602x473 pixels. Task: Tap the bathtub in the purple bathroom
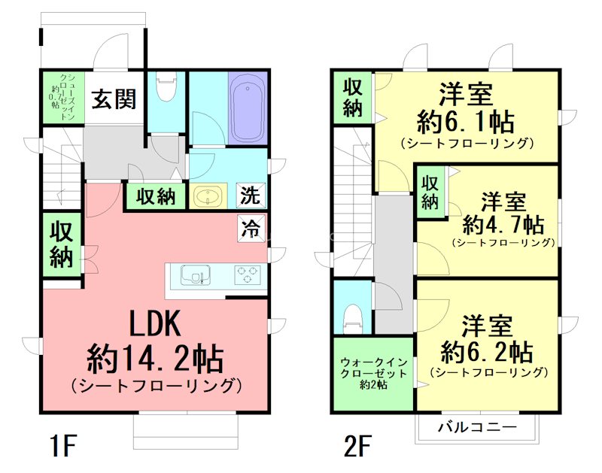(248, 108)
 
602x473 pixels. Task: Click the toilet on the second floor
(352, 317)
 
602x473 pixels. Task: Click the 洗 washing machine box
(251, 196)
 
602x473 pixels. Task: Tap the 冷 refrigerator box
(251, 226)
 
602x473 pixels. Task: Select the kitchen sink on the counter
(197, 275)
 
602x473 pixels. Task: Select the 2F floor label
(359, 447)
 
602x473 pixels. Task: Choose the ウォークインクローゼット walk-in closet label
(373, 372)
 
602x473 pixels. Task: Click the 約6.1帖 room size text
(466, 120)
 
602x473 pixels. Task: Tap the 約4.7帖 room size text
(503, 223)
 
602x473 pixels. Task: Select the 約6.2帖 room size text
(488, 351)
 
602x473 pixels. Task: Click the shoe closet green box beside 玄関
(61, 98)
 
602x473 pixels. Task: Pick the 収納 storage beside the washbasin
(156, 197)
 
